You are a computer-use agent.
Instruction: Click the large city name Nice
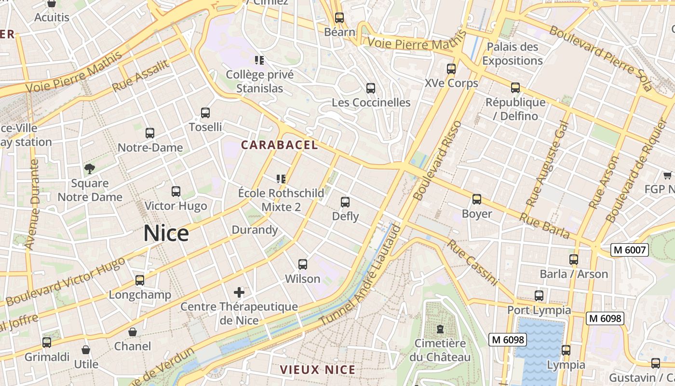166,234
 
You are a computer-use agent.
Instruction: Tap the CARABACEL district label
280,145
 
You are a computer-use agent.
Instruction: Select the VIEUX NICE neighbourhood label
318,370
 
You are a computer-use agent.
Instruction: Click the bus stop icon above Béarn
339,18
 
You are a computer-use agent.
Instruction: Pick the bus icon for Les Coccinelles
370,88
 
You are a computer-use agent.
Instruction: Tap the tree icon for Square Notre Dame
90,168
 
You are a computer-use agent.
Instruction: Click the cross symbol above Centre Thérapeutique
239,292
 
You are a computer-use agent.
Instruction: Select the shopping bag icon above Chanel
133,332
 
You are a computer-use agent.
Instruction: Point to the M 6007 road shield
629,250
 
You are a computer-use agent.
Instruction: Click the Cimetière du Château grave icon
440,329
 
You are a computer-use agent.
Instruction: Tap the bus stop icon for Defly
345,202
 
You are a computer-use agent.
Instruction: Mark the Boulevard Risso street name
437,161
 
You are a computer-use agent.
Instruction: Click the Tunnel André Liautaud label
361,275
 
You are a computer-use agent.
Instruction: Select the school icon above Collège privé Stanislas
259,60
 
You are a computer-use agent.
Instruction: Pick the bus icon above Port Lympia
539,296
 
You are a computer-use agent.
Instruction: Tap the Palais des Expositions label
512,54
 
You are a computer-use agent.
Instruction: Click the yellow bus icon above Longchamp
140,280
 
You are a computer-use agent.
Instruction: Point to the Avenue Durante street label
31,205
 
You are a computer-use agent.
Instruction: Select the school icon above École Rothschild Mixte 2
282,179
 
